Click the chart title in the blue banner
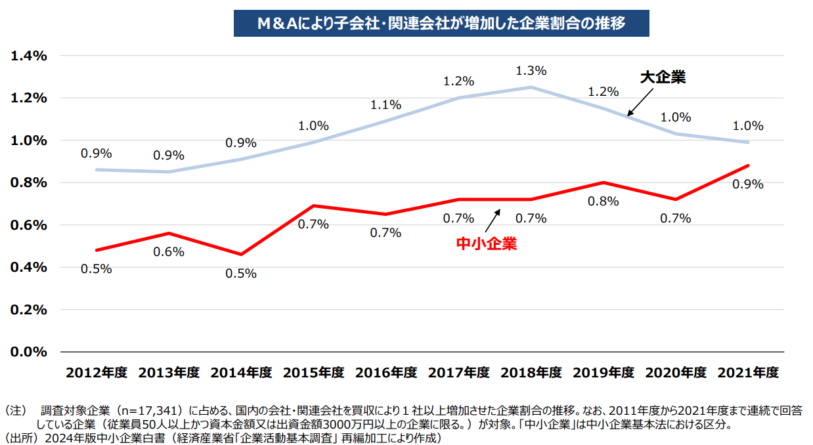(441, 23)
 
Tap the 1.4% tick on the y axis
(29, 56)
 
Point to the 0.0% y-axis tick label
(29, 352)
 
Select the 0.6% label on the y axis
(29, 225)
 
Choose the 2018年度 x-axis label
(531, 373)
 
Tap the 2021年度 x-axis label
(748, 373)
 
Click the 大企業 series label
(663, 77)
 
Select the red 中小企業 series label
(486, 244)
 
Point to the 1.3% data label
(531, 70)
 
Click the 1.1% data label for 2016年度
(386, 104)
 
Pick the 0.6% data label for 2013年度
(169, 252)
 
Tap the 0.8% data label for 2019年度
(604, 201)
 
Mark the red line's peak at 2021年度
(748, 165)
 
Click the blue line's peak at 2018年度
(531, 87)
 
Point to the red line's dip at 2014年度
(241, 254)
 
